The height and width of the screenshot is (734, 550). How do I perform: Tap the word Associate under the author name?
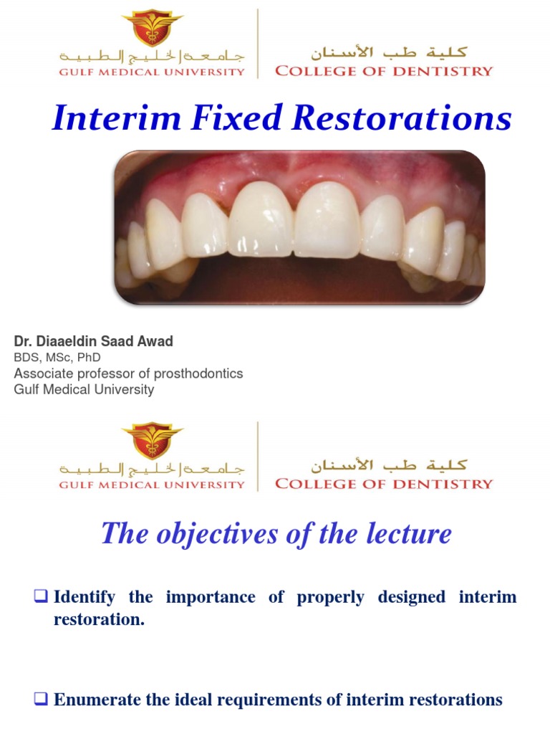(x=41, y=373)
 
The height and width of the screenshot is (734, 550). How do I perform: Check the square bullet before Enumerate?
(x=41, y=700)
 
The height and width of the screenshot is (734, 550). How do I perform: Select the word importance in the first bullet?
(x=211, y=597)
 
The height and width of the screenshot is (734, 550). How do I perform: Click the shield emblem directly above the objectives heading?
(x=152, y=441)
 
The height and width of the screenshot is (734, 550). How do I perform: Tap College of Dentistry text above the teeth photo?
(x=384, y=70)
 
